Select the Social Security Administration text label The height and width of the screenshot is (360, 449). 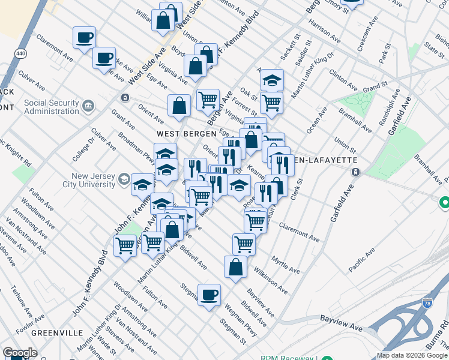51,107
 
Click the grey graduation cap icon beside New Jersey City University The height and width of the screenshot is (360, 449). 124,179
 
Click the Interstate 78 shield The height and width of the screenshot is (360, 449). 427,304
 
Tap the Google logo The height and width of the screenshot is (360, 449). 20,353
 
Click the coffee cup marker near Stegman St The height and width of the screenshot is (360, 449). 209,295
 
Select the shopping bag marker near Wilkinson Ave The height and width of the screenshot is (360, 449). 235,267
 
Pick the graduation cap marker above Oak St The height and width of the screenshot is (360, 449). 272,80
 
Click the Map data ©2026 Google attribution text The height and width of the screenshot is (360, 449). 412,355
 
